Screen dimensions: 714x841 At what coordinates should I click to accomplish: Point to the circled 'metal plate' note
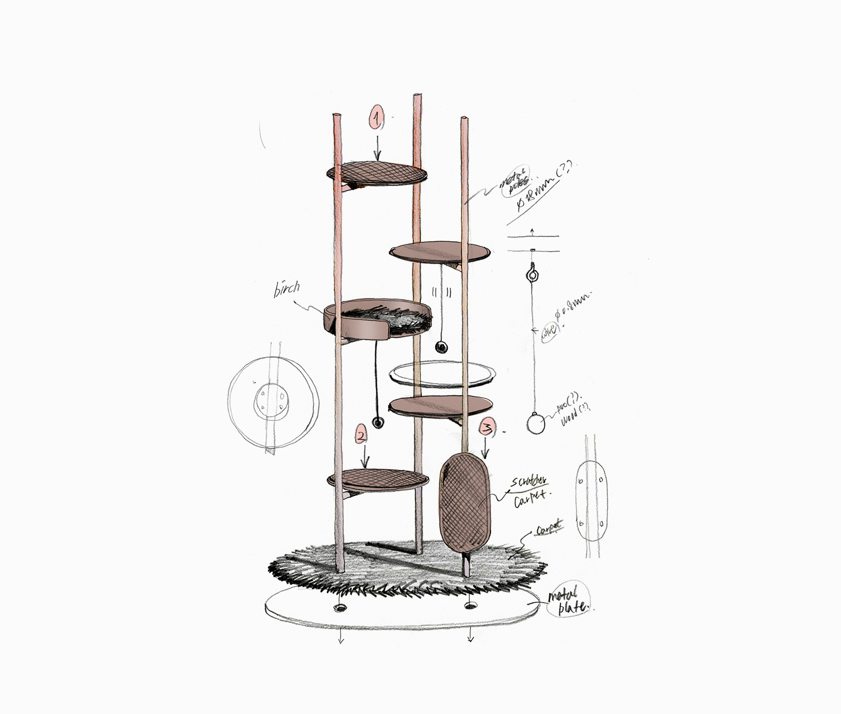(x=567, y=602)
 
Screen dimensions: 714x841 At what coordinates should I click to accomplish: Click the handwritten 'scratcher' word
(x=528, y=483)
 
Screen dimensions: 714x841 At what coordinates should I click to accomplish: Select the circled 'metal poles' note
(x=516, y=181)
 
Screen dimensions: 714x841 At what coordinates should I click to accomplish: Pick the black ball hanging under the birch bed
(x=377, y=422)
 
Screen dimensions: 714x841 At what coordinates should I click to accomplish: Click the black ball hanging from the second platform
(x=441, y=347)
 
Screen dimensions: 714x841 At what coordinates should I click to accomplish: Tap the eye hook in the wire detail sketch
(x=533, y=274)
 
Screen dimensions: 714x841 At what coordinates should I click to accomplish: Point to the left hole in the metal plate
(x=341, y=607)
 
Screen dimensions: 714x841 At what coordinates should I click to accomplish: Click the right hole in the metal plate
(x=470, y=606)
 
